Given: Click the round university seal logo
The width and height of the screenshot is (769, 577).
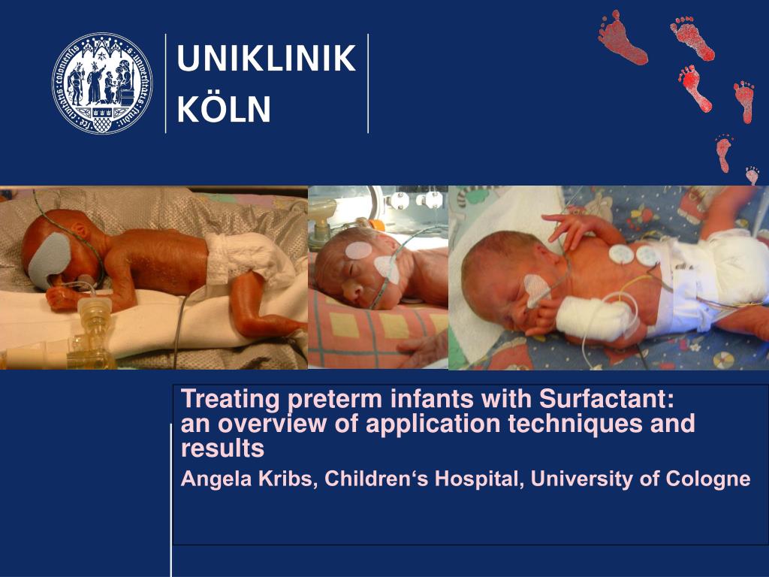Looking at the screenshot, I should (102, 83).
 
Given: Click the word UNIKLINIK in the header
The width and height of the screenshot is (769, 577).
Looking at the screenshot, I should (266, 59).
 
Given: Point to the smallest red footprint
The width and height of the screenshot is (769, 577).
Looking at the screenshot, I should (752, 175).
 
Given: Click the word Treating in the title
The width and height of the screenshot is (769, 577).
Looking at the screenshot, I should (219, 398).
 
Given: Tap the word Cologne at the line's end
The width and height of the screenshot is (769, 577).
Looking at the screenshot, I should (708, 479).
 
